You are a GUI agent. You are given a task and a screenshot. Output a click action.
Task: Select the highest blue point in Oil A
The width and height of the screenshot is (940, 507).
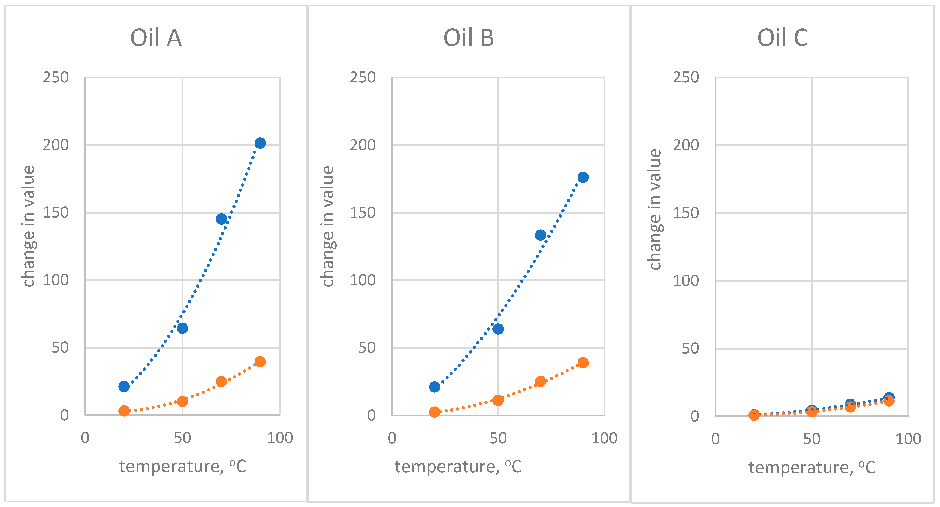[260, 143]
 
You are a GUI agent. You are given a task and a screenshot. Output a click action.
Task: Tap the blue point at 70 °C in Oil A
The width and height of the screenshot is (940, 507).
[221, 219]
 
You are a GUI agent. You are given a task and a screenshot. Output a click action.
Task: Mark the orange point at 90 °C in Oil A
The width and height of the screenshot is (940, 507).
[260, 362]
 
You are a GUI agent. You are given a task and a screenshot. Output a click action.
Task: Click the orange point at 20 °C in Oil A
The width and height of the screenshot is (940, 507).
[124, 411]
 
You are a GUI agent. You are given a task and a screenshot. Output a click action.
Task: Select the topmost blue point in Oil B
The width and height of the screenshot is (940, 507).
[583, 177]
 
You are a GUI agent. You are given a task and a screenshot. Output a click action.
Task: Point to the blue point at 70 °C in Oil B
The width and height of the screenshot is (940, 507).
[541, 235]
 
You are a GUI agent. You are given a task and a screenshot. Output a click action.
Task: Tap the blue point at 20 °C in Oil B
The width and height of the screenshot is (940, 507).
[434, 387]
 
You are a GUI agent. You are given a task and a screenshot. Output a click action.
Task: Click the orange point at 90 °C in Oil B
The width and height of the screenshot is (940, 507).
[583, 363]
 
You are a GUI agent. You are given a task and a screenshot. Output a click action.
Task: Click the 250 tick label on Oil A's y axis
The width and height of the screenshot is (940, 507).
[56, 77]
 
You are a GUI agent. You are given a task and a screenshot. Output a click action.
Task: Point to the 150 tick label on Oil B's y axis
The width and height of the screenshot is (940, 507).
[362, 212]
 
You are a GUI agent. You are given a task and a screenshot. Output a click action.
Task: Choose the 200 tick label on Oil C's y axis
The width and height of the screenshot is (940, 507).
[686, 145]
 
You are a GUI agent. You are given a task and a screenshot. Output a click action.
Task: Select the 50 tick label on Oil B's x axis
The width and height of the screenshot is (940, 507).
[498, 438]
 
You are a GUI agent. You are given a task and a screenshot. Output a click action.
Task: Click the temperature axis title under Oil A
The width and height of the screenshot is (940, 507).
[182, 466]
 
